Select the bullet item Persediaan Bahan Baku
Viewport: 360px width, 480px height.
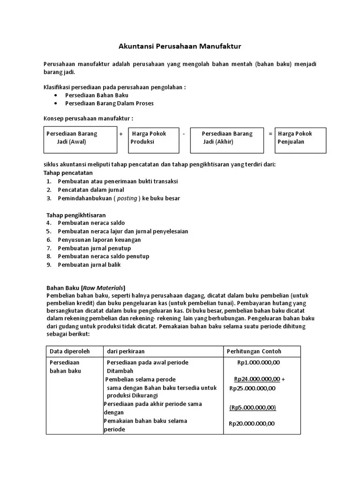coord(97,95)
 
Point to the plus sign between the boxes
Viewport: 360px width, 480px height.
coord(121,134)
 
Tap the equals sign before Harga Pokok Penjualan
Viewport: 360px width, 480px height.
coord(270,134)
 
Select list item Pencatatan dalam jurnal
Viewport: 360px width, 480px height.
coord(91,190)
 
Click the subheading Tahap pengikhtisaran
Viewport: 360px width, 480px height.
coord(75,215)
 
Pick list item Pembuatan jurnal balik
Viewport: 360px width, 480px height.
coord(89,265)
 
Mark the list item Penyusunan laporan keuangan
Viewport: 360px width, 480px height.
coord(99,240)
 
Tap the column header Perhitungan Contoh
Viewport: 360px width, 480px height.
coord(254,351)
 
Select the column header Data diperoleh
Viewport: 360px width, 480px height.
coord(69,351)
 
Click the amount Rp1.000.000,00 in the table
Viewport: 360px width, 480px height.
coord(258,362)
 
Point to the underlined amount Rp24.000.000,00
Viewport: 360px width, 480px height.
coord(257,379)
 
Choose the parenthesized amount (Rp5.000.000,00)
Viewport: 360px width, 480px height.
coord(253,407)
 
